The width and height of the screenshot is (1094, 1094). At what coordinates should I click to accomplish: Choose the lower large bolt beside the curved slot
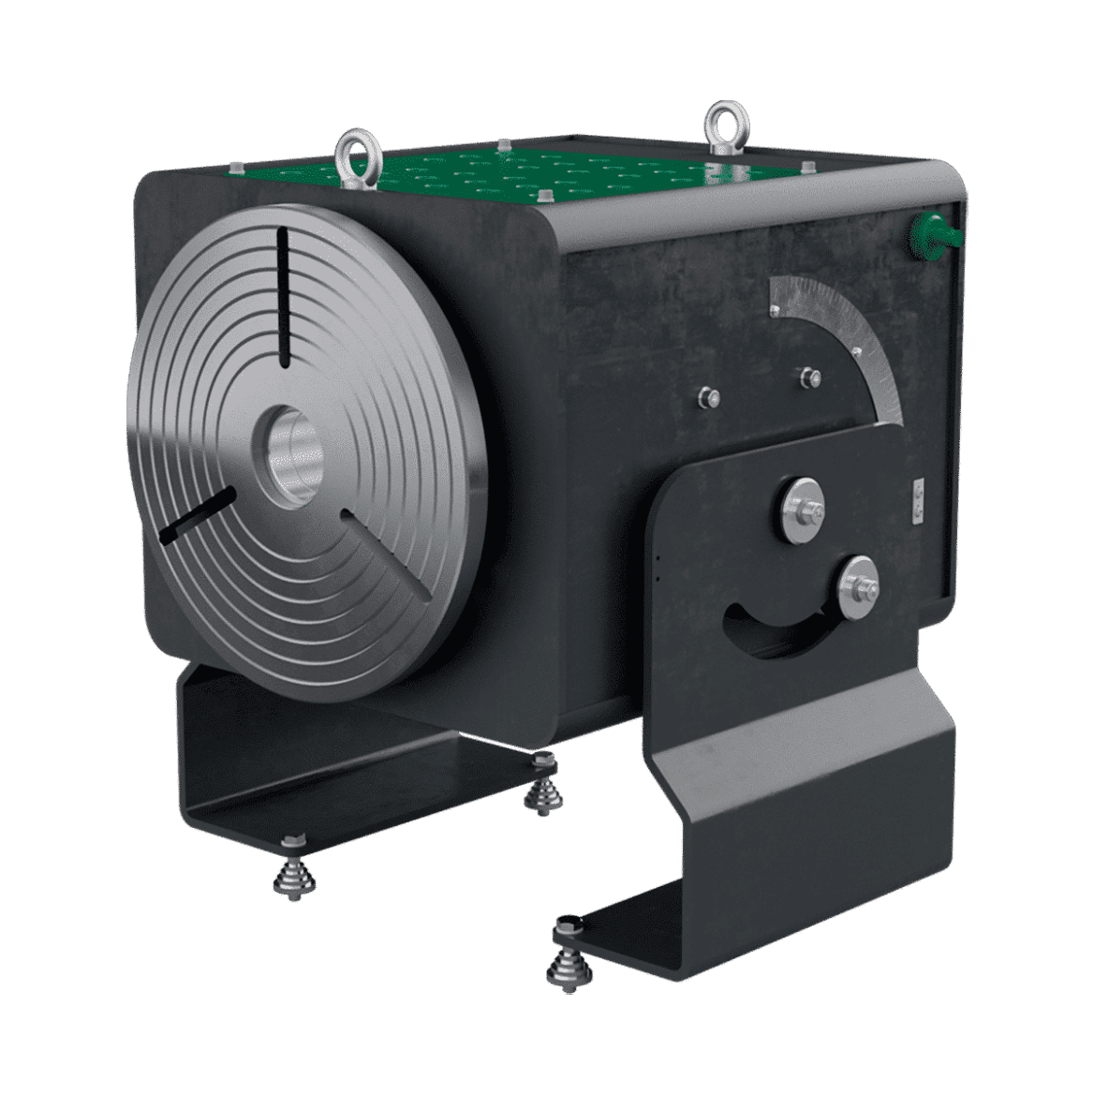click(856, 587)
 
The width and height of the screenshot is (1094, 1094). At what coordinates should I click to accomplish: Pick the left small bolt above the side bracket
click(709, 397)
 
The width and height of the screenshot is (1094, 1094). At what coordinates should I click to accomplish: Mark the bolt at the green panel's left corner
click(235, 168)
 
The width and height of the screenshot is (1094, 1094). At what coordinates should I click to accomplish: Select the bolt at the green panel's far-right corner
click(806, 167)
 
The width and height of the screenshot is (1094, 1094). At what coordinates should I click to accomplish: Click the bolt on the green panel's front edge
click(542, 196)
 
